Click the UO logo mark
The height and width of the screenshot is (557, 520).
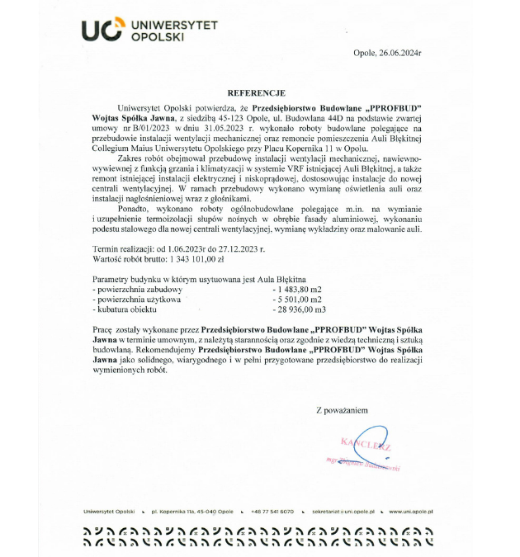pos(102,31)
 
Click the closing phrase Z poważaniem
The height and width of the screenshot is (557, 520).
pos(342,409)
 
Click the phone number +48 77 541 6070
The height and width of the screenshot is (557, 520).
pos(272,512)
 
